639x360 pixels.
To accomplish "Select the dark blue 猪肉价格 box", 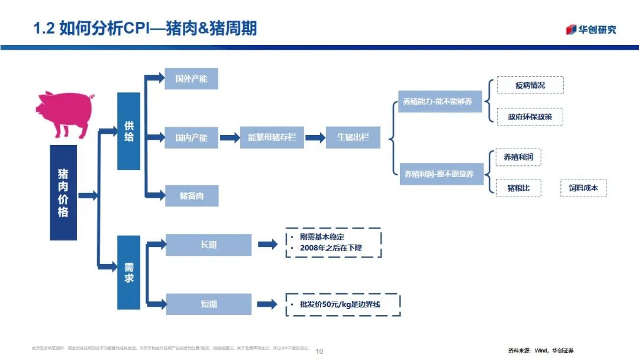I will click(63, 192).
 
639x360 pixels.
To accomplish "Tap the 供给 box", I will click(128, 131).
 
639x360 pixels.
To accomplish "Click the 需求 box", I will click(128, 272).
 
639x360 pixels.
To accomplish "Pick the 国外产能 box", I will click(191, 79).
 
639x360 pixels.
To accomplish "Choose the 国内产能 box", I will click(191, 137).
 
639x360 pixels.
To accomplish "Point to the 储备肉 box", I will click(191, 195).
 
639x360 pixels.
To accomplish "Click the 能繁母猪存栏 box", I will click(272, 137).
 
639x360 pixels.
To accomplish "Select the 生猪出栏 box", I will click(353, 137).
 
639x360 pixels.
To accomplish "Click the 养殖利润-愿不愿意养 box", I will click(440, 174).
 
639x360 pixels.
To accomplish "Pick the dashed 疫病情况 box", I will click(530, 85).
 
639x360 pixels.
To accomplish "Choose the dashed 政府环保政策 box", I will click(530, 117).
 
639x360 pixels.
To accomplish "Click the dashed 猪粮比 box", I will click(518, 188).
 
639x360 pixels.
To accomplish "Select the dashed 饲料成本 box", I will click(583, 188).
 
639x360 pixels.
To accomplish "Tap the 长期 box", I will click(209, 245).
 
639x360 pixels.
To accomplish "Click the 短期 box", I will click(209, 304).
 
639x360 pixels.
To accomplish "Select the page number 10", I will click(319, 351).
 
